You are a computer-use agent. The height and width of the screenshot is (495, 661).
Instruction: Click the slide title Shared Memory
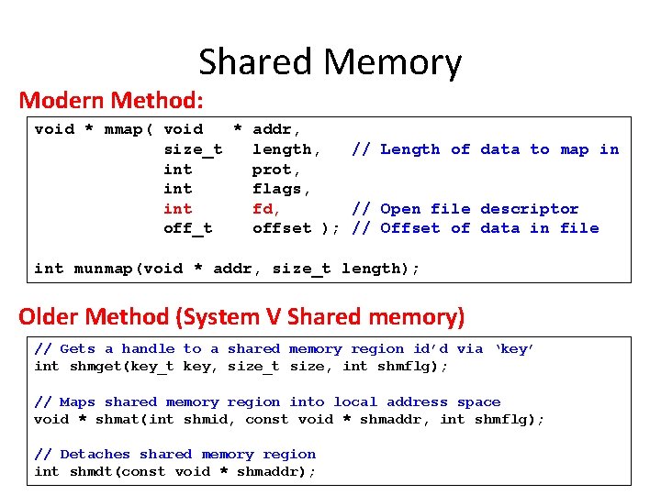(x=330, y=62)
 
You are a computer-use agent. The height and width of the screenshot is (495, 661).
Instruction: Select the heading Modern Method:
(x=111, y=99)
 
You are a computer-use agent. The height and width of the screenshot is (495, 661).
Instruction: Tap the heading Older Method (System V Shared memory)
(x=241, y=317)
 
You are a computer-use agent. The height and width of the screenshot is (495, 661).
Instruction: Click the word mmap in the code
(x=123, y=129)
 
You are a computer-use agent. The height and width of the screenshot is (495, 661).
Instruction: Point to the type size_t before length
(x=192, y=149)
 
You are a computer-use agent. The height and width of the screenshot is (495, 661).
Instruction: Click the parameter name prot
(x=276, y=170)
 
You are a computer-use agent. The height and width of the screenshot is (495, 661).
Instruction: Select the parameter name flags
(x=281, y=189)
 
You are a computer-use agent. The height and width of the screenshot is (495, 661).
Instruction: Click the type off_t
(x=187, y=228)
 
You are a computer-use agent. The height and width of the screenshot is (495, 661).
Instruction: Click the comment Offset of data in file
(x=476, y=228)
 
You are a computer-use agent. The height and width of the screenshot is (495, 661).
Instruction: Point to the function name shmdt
(x=93, y=471)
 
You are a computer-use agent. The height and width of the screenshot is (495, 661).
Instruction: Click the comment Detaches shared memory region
(x=174, y=454)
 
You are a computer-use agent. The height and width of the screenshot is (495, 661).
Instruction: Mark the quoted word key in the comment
(x=514, y=349)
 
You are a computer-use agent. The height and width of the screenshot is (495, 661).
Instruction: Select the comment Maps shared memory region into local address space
(x=267, y=401)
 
